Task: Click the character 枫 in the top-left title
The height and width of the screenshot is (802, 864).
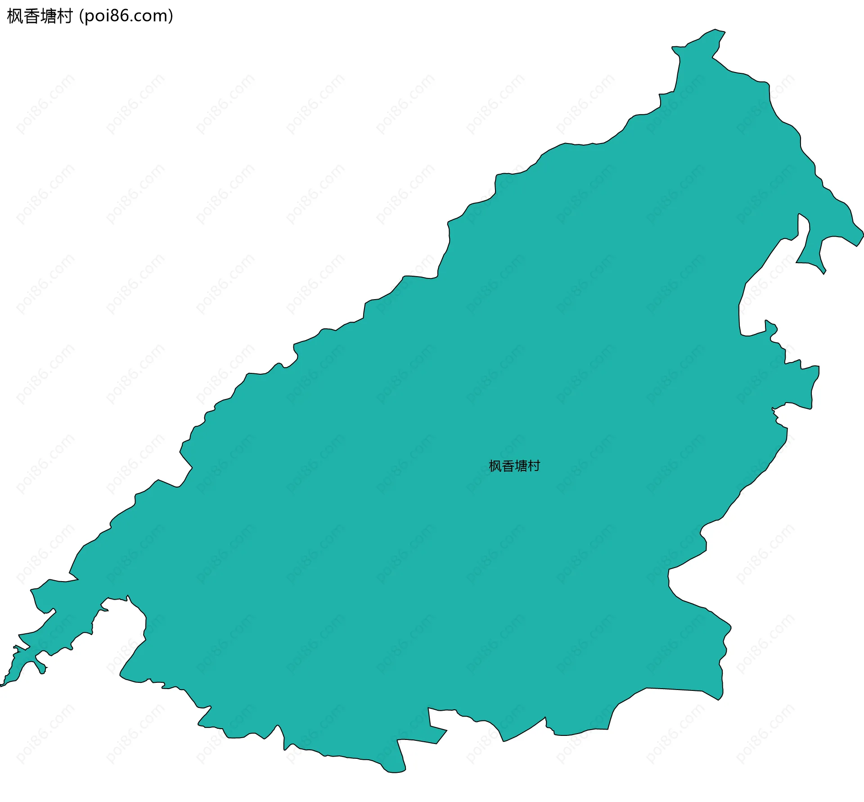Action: (15, 17)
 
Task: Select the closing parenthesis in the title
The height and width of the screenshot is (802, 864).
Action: (170, 17)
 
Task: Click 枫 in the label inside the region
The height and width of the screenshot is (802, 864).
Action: (495, 466)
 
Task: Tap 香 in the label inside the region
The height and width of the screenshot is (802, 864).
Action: (508, 466)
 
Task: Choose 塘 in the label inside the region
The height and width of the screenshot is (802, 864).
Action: (521, 466)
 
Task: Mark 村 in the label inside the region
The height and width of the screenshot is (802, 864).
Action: (534, 466)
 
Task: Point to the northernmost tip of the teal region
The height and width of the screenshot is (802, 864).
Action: (715, 30)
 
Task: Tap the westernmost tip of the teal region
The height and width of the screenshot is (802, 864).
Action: (1, 686)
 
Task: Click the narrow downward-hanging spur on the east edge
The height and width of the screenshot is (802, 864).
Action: (810, 252)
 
